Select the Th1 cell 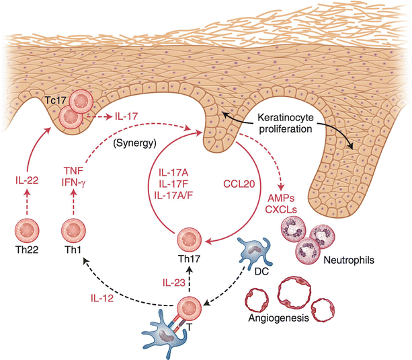coord(76,233)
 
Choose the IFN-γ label coord(77,183)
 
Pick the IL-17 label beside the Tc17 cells coord(127,116)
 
